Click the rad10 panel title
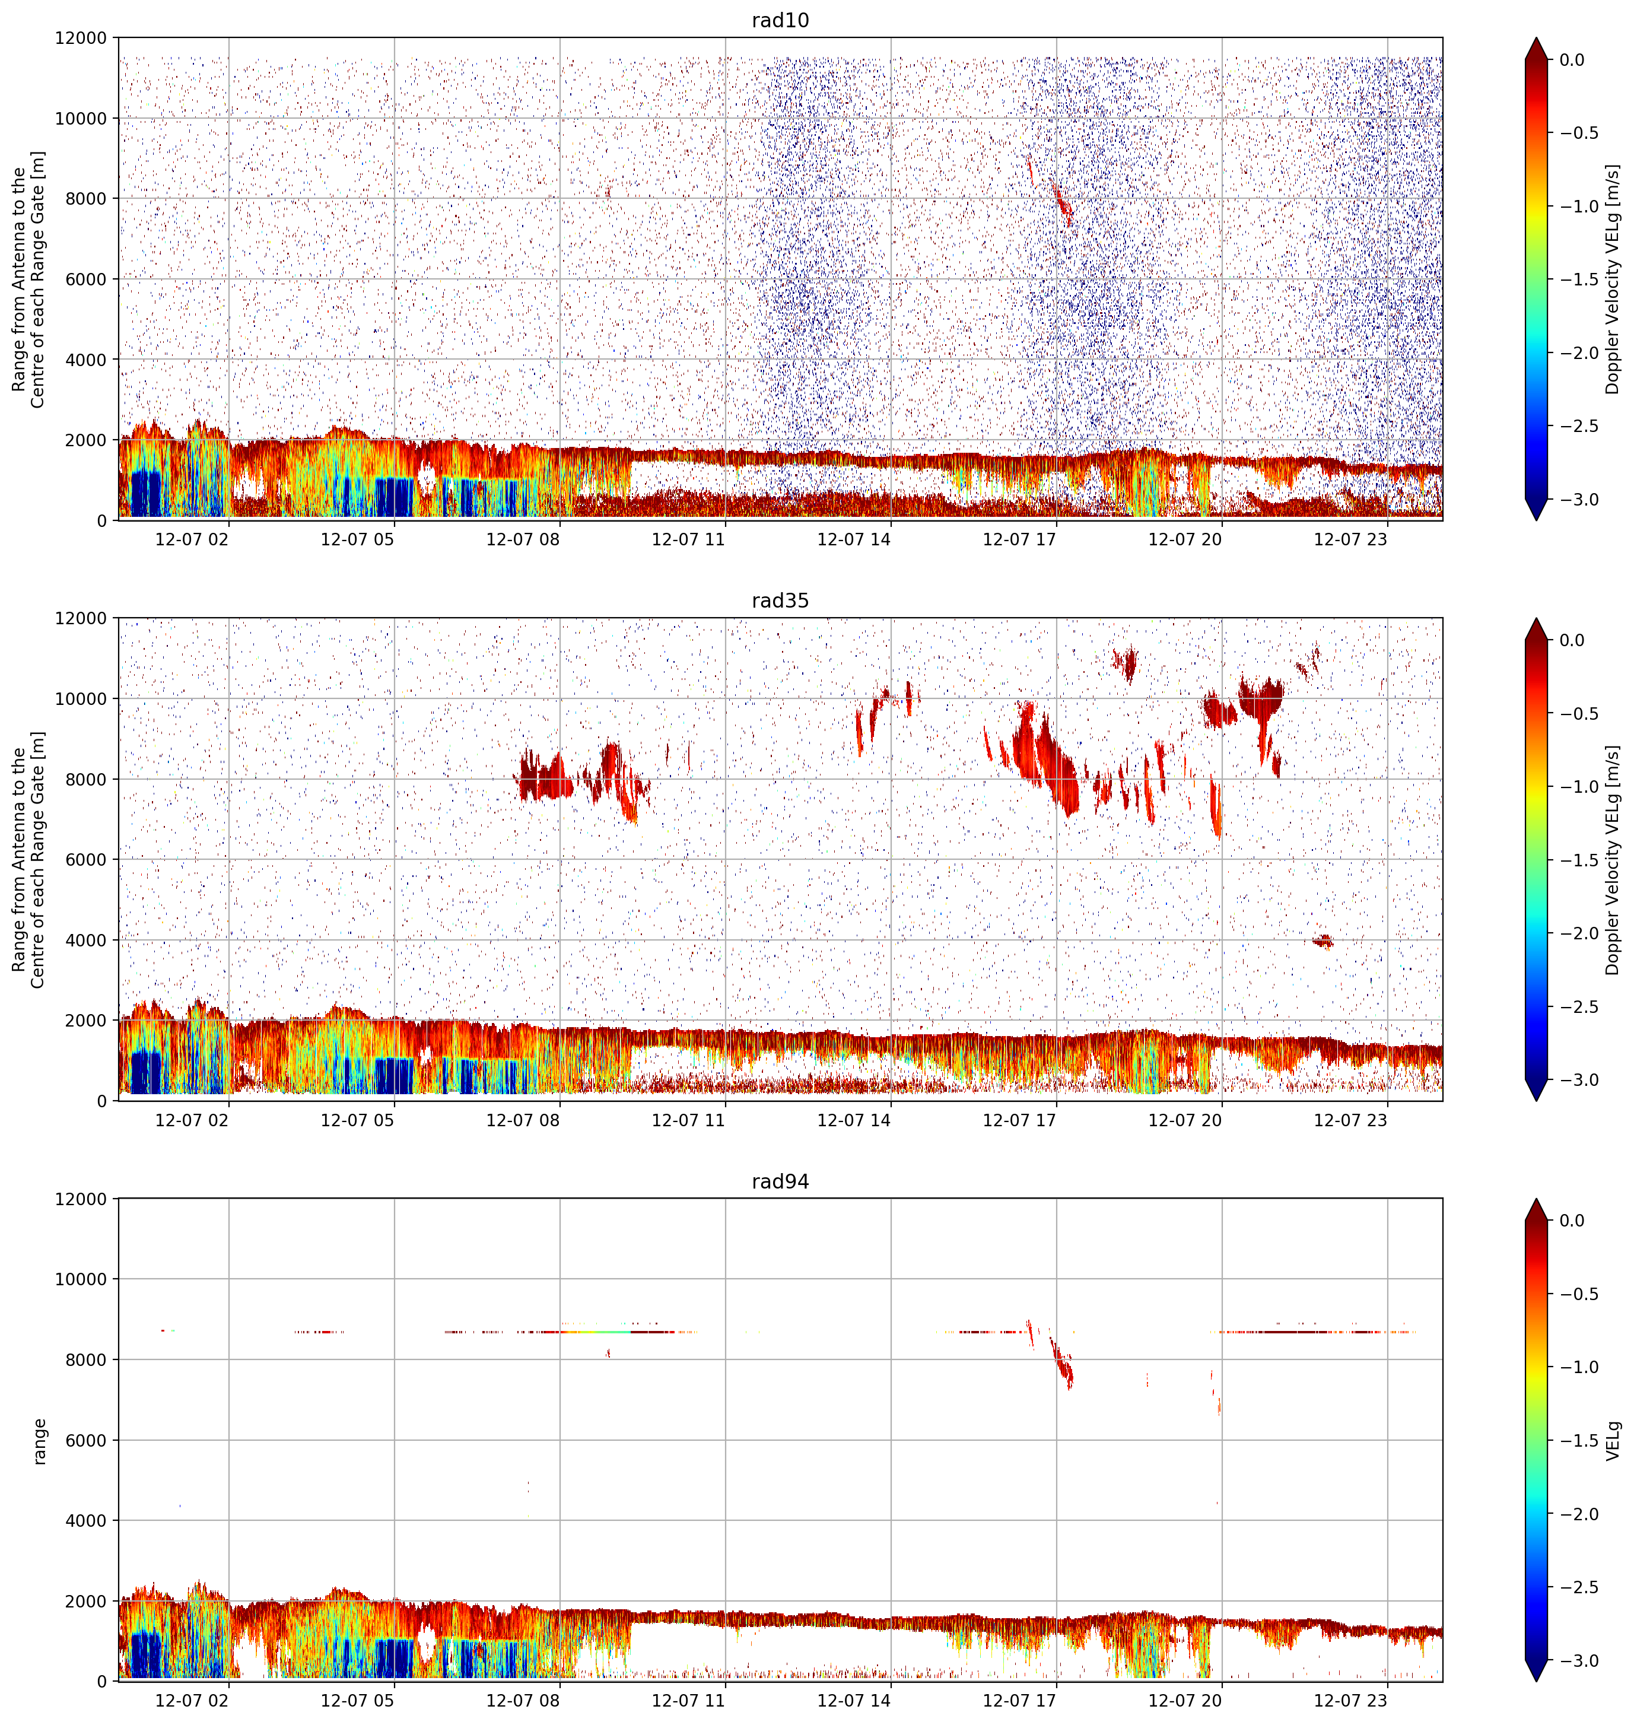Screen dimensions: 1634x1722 point(780,20)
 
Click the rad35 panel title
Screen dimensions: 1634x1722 point(780,600)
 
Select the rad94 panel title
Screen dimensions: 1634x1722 point(780,1181)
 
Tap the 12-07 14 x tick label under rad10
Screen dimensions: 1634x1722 point(854,539)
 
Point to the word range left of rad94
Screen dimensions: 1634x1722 point(39,1441)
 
